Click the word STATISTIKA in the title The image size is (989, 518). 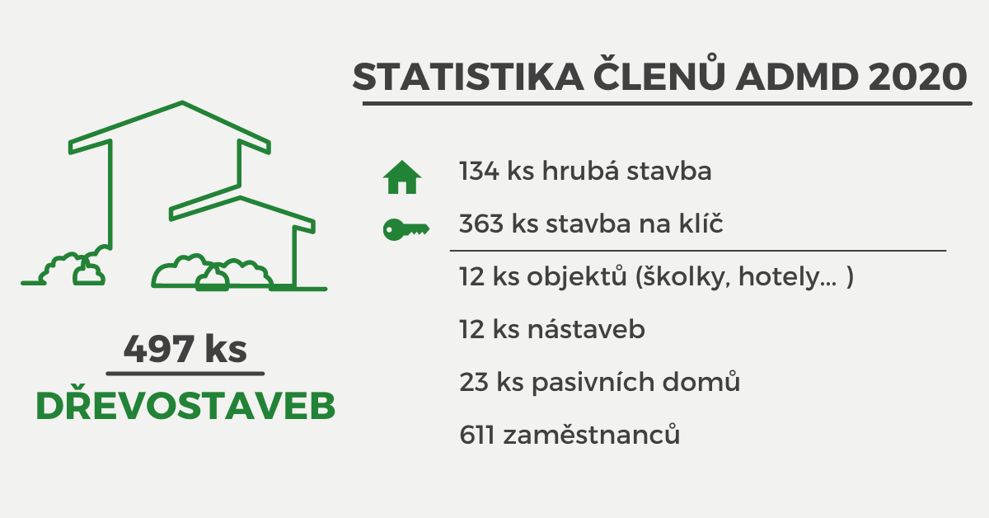pos(468,77)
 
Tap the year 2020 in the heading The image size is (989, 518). pos(917,77)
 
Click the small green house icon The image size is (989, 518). pos(402,177)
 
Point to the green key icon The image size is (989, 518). pos(406,229)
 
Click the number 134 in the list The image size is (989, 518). pos(479,171)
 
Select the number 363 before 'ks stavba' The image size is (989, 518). pos(481,224)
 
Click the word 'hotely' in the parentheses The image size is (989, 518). pos(788,277)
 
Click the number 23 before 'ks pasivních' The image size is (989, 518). pos(474,382)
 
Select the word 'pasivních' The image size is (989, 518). pos(593,383)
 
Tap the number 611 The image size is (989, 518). pos(476,435)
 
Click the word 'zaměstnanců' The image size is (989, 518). pos(592,434)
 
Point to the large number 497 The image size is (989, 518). pos(159,349)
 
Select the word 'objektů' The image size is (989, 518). pos(577,276)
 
